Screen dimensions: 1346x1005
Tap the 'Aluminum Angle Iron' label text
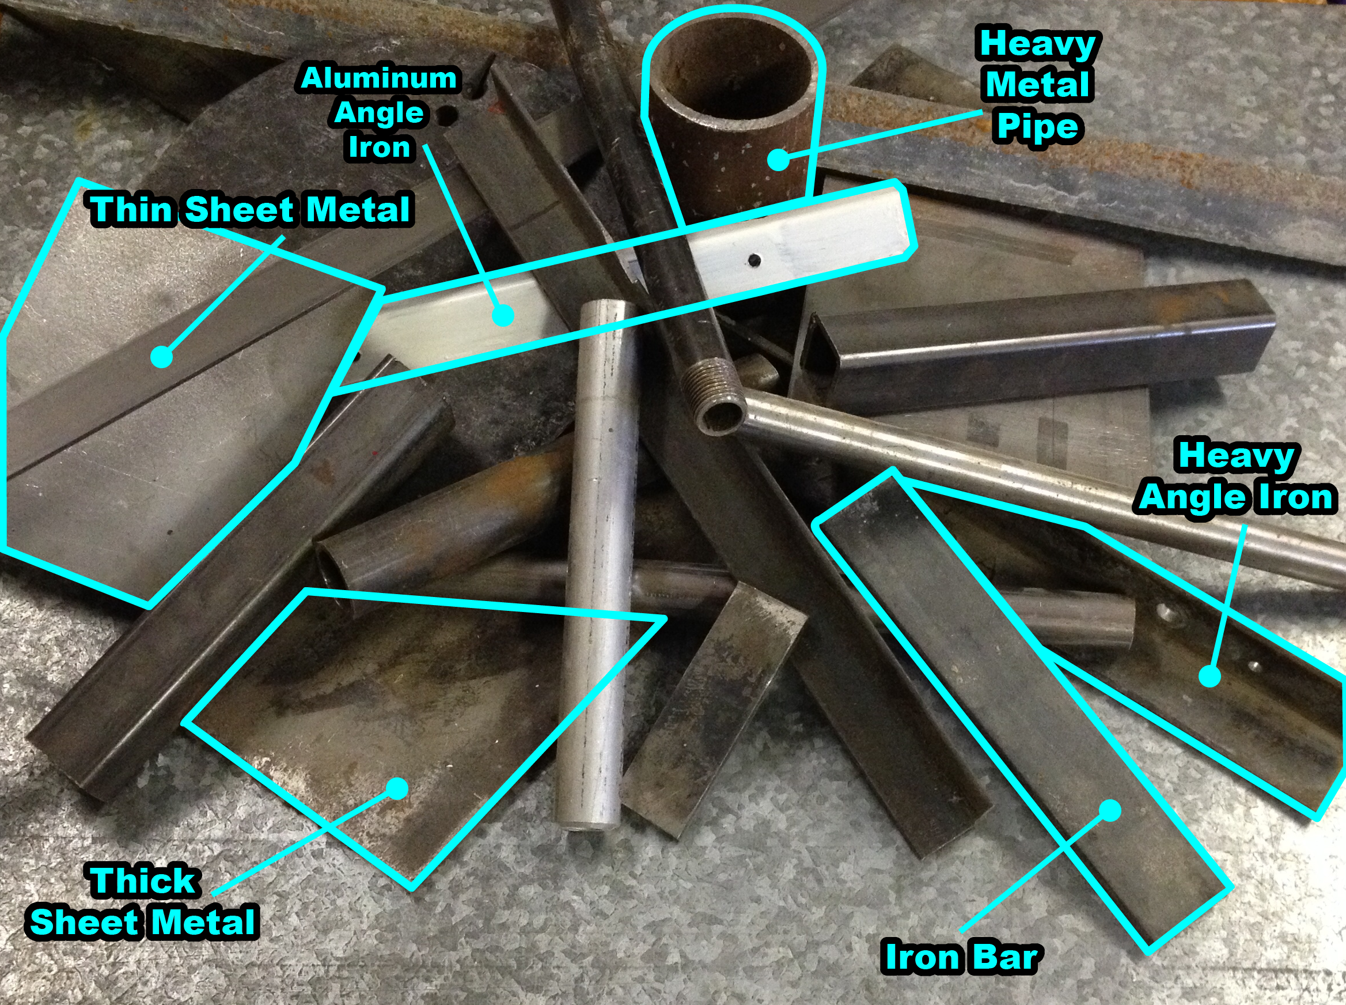379,113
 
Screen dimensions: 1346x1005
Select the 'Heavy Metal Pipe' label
1037,85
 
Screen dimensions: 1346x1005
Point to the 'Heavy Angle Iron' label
1236,477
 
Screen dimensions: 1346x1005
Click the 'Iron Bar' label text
961,957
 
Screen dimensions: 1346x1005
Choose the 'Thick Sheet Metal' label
143,902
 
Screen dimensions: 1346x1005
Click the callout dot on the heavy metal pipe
778,160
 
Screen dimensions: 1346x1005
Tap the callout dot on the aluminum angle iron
502,315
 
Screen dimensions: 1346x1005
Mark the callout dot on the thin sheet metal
162,357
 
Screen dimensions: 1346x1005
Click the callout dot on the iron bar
1110,810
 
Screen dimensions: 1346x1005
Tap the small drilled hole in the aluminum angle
754,260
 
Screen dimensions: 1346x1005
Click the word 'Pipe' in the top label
1037,128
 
